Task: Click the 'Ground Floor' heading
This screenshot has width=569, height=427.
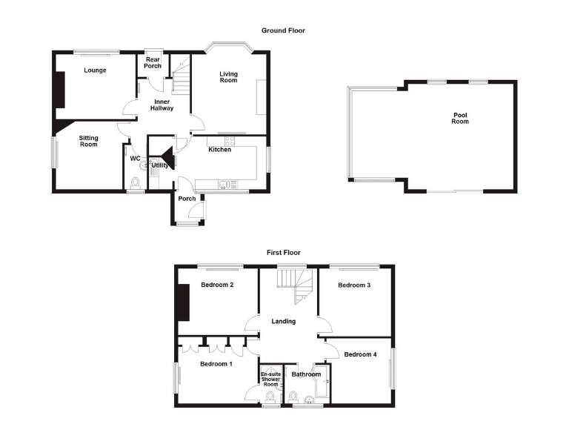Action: (283, 30)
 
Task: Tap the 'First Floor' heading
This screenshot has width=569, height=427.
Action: (284, 253)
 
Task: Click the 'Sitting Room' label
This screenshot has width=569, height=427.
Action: (88, 141)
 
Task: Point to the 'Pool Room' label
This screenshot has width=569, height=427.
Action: (461, 118)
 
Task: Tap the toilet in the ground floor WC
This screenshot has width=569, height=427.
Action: (135, 183)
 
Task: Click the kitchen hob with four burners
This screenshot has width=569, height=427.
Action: (228, 141)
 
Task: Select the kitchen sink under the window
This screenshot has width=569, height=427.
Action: (225, 185)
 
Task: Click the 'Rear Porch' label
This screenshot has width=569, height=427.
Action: (153, 62)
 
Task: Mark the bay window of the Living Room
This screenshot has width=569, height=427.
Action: (229, 49)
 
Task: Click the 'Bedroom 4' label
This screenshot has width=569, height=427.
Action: (360, 354)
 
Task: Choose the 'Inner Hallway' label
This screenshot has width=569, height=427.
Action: (162, 104)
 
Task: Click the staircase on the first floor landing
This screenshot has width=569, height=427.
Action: (296, 286)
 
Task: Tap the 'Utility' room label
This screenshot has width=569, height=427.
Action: (161, 165)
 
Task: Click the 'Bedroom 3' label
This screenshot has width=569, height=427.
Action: (354, 285)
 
